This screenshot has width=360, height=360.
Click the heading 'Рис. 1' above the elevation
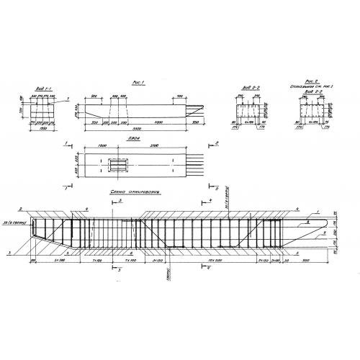coord(141,82)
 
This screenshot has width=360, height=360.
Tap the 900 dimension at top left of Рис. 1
coord(94,96)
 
